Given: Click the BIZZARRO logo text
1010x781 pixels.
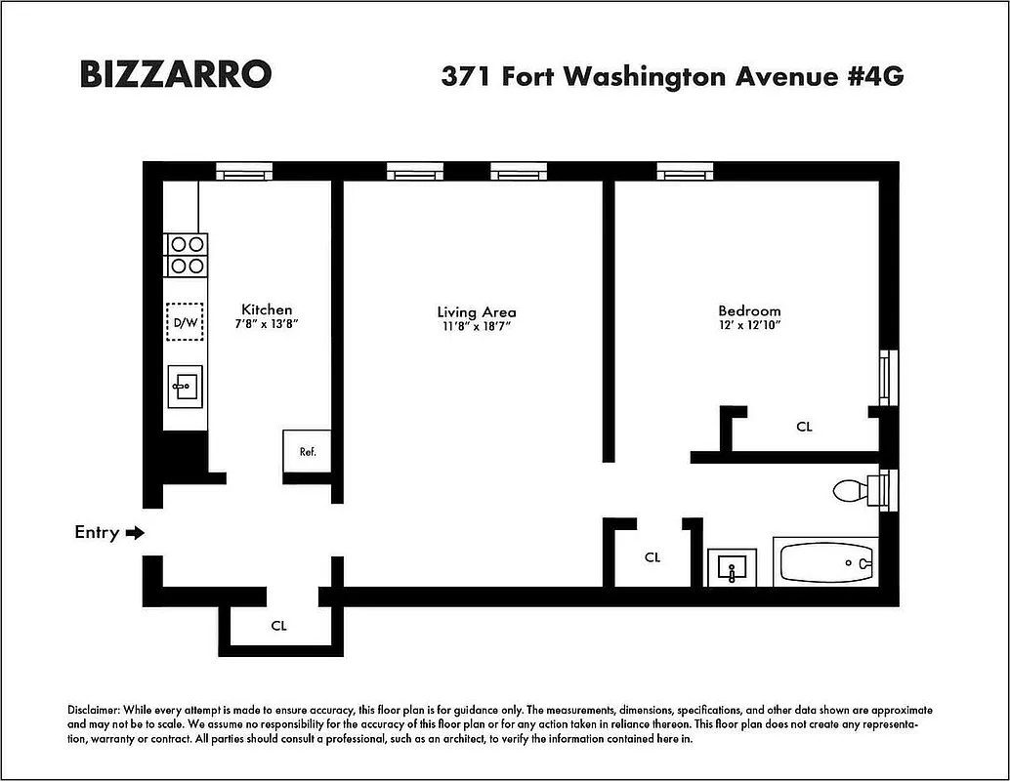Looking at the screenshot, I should coord(175,75).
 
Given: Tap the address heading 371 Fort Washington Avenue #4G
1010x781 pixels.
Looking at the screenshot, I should coord(672,76).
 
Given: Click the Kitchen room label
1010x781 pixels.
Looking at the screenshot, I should coord(267,309).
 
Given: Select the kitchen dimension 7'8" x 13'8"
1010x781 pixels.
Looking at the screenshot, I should coord(267,324).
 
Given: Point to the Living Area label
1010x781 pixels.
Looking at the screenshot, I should coord(477,312).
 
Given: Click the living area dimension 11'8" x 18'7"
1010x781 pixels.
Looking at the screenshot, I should coord(477,327).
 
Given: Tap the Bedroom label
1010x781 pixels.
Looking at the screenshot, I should coord(749,310).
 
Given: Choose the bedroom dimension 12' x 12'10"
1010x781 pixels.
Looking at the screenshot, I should coord(749,325).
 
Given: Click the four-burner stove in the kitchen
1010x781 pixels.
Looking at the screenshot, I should coord(186,255).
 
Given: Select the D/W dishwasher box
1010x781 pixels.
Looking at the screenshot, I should coord(185,321).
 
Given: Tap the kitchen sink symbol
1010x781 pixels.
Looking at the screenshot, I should coord(185,387).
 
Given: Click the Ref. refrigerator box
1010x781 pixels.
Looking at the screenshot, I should coord(307,451).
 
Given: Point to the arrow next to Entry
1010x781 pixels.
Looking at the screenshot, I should coord(136,533).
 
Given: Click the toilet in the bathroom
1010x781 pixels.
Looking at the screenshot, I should coord(855,489).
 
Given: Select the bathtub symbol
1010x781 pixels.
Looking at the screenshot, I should coord(825,563).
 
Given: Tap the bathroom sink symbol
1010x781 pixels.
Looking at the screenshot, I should coord(732,566).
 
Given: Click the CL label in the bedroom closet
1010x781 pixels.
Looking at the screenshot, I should coord(804,427).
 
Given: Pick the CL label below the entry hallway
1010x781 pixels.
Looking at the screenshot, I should coord(278,626).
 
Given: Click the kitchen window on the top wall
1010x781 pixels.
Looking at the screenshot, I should coord(243,173).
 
